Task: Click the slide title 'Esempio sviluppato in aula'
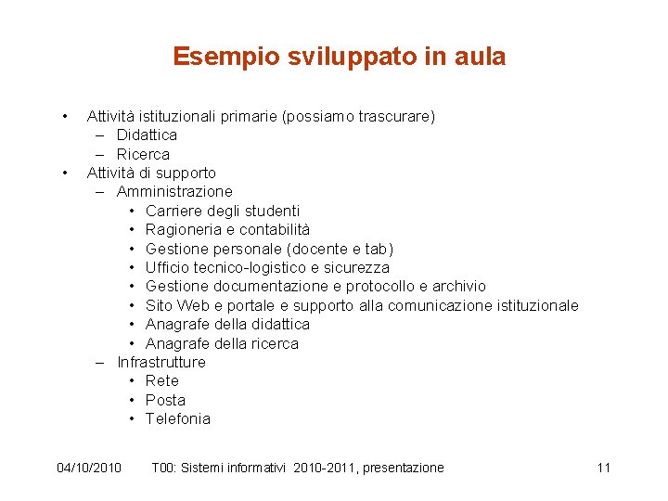[339, 57]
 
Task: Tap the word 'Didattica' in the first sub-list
[147, 135]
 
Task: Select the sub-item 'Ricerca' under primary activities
[143, 154]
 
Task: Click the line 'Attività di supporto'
[151, 173]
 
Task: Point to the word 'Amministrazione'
[174, 192]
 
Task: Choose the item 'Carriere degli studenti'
[223, 211]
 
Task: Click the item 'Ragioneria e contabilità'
[227, 229]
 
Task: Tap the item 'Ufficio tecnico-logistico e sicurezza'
[267, 267]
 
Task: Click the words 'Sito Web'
[177, 305]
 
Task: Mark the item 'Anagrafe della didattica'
[227, 324]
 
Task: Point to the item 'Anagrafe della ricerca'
[222, 343]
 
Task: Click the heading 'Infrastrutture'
[161, 362]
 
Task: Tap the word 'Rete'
[162, 380]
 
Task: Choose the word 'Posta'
[165, 400]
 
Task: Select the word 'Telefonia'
[178, 418]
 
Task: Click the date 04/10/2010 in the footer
[89, 468]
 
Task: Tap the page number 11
[603, 468]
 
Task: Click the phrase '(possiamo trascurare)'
[358, 116]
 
